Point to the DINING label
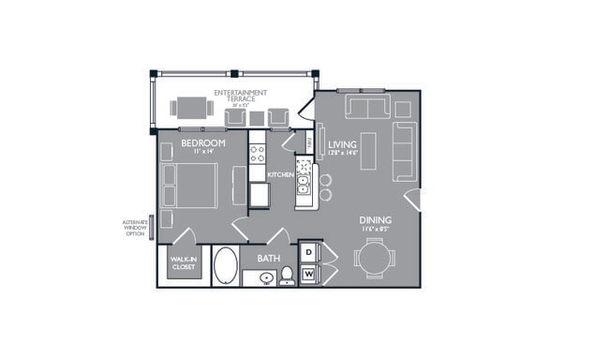point(376,221)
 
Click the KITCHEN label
point(280,174)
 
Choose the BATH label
point(269,257)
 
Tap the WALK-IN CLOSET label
point(183,263)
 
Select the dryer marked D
point(308,253)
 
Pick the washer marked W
point(308,274)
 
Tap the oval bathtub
point(226,265)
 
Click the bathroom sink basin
point(265,277)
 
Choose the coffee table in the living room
point(368,149)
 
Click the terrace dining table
point(190,108)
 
